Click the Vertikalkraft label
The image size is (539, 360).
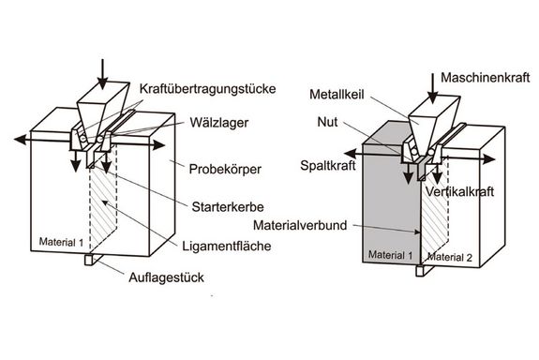click(484, 188)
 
